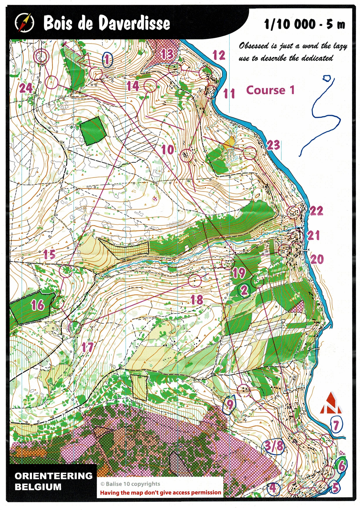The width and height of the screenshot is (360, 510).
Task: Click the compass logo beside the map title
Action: [24, 23]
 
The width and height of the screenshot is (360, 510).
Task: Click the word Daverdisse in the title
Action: [134, 24]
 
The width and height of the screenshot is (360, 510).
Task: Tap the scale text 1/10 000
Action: [290, 24]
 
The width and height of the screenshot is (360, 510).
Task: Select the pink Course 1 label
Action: [270, 90]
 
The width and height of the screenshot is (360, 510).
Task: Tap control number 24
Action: [26, 88]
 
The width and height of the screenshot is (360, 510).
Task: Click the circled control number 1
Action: [108, 60]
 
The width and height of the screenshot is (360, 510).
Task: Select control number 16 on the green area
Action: [38, 305]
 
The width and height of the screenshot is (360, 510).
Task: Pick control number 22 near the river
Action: [316, 211]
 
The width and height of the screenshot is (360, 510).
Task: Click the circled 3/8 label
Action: [274, 446]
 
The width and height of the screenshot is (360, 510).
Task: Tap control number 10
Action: [168, 150]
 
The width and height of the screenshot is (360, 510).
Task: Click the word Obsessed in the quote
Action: [254, 46]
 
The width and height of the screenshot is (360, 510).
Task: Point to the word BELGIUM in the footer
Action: [38, 487]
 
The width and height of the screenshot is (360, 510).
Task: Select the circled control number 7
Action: [336, 425]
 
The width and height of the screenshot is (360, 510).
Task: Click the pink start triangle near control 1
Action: [83, 59]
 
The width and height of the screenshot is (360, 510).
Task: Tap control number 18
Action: [197, 300]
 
